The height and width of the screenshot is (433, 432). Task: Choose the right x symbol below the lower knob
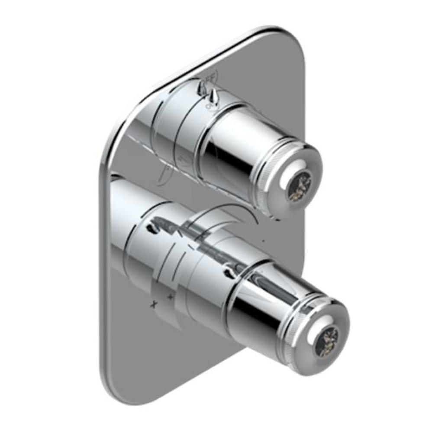coord(170,297)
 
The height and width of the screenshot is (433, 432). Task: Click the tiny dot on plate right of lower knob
coord(264,238)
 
